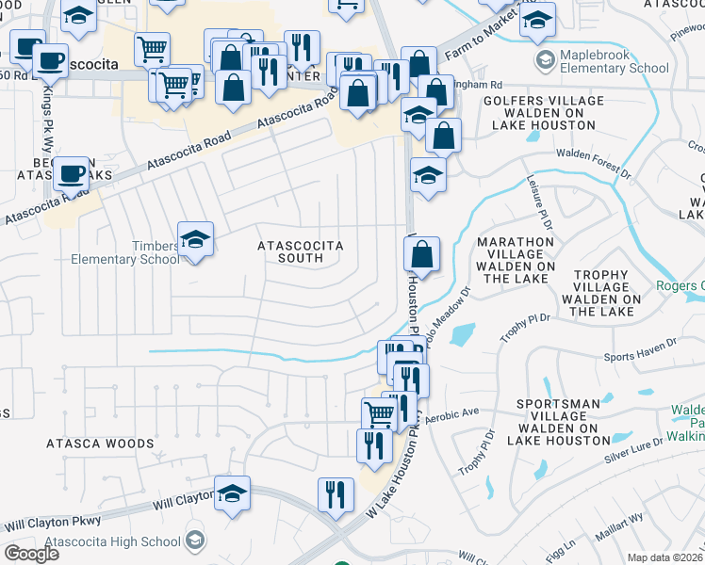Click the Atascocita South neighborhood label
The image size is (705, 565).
click(302, 251)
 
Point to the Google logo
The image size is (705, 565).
click(32, 554)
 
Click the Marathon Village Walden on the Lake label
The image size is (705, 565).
click(515, 260)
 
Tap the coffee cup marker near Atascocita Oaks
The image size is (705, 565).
click(71, 174)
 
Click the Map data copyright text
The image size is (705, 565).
click(665, 557)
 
